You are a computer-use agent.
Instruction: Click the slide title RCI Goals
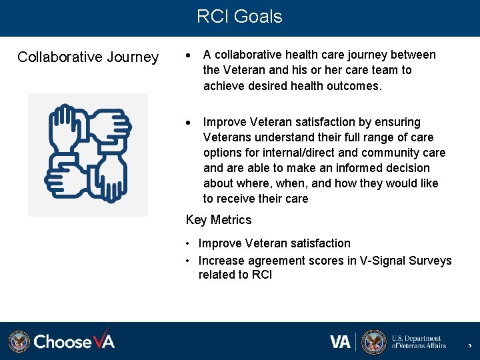239,17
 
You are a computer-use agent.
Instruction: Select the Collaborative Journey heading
88,57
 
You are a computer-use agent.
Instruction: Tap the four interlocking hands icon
87,154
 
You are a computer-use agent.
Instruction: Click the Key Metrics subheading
219,220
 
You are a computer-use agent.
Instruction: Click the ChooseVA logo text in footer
74,342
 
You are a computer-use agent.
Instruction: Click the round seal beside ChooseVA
19,342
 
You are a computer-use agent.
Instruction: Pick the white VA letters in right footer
340,342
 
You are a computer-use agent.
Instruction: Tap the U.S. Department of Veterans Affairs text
419,342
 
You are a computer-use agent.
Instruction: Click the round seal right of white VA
374,342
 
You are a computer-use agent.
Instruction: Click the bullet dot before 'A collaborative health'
189,55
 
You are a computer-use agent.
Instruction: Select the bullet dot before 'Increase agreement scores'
189,261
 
